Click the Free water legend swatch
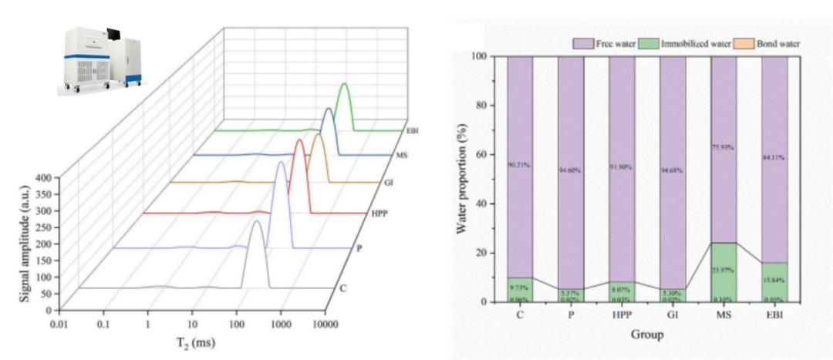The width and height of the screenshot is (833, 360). point(582,44)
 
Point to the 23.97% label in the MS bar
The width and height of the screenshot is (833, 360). point(723,271)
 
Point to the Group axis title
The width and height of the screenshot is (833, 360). point(646,335)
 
